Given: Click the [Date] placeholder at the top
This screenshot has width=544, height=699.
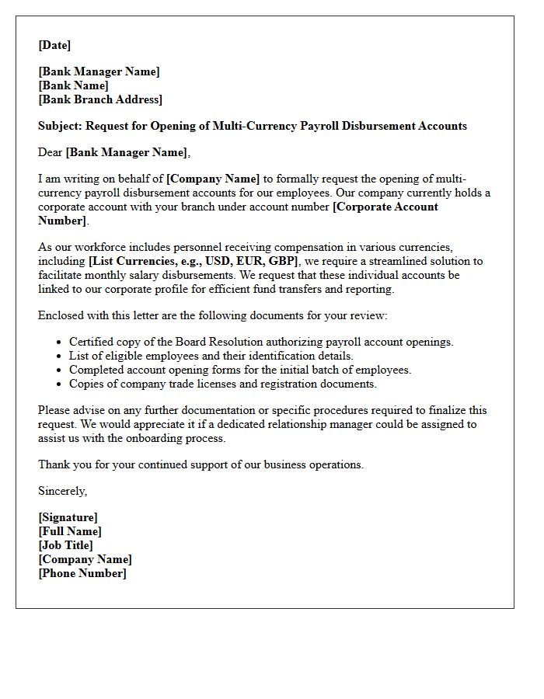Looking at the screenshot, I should [x=54, y=45].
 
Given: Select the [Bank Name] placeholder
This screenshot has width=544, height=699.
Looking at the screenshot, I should [x=74, y=85].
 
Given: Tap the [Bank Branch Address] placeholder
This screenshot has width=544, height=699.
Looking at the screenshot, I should [x=100, y=99].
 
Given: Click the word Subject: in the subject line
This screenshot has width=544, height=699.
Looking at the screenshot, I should [x=61, y=126].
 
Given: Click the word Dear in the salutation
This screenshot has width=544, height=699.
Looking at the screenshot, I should [x=51, y=152].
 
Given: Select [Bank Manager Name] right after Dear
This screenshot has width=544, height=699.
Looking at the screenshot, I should [x=127, y=152].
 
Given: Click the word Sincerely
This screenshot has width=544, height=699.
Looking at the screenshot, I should [x=62, y=491].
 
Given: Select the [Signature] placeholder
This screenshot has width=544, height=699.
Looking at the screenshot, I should [x=68, y=517].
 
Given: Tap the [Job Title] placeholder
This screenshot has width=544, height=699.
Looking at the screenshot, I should [x=65, y=545].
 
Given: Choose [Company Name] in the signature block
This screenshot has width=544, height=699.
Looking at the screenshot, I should [x=85, y=559].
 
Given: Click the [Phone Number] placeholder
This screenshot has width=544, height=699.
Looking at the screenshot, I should [x=82, y=573].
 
